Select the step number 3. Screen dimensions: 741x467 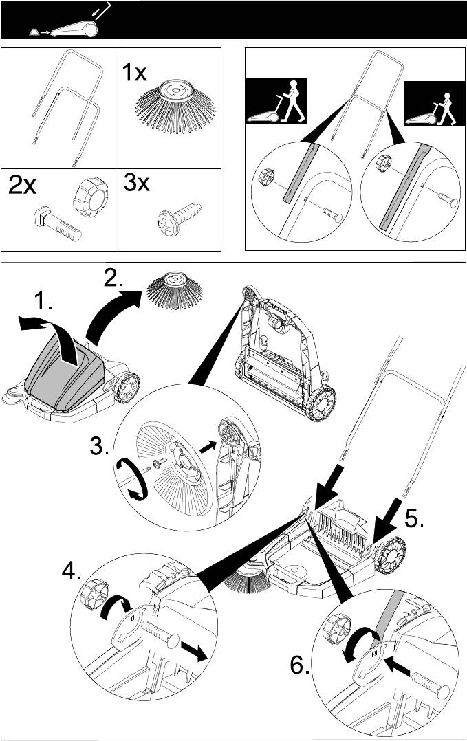point(100,446)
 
